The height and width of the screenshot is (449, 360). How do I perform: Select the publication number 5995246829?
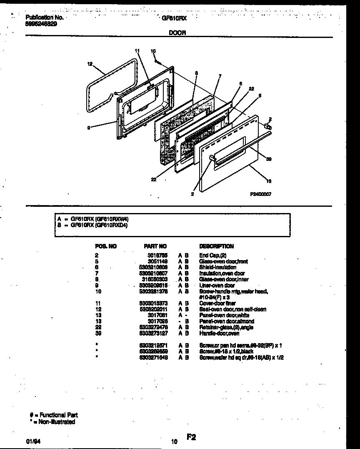(x=42, y=24)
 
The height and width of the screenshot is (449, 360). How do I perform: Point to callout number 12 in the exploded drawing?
(x=90, y=64)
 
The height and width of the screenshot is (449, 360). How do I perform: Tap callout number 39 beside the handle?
(x=268, y=159)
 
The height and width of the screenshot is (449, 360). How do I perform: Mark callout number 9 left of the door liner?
(x=89, y=128)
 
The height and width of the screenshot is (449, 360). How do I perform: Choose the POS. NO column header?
(x=106, y=246)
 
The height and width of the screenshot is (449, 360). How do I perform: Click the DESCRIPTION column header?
(x=217, y=246)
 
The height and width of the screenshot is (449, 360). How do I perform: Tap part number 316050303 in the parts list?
(x=155, y=279)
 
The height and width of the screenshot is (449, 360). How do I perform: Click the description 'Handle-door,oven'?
(x=219, y=334)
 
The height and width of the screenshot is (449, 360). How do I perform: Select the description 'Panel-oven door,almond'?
(x=227, y=321)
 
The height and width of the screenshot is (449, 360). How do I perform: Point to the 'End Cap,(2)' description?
(x=212, y=255)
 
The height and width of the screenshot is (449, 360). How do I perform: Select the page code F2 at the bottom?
(x=191, y=437)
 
